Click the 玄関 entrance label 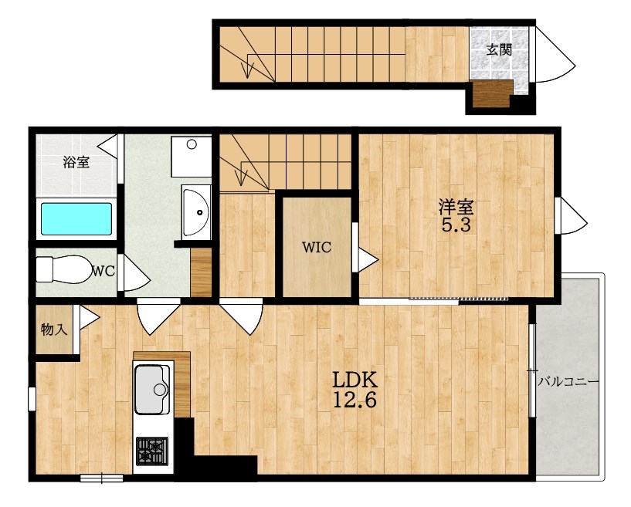click(499, 50)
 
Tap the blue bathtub click(76, 219)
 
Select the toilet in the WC click(63, 269)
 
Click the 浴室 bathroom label click(76, 162)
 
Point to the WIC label click(317, 247)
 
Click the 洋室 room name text click(456, 208)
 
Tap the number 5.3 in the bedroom click(456, 225)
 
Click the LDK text click(355, 379)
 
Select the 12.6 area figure click(355, 400)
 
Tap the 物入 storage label click(54, 330)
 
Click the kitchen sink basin click(151, 389)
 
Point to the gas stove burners click(152, 451)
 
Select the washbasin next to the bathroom click(196, 212)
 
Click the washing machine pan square click(191, 157)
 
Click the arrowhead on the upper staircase click(246, 69)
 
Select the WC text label click(103, 272)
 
